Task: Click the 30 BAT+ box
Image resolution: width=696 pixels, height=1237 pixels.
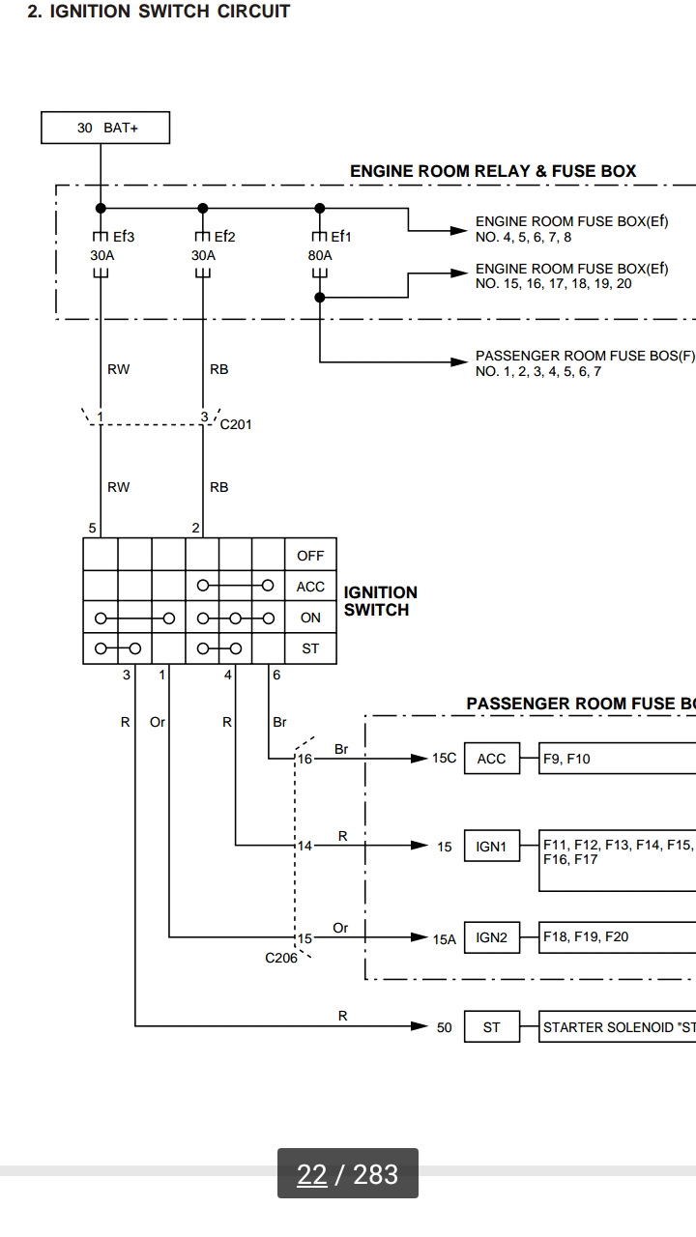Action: click(105, 128)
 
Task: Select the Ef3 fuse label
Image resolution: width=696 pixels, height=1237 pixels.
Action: click(124, 237)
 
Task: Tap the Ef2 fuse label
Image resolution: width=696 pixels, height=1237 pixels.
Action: click(225, 237)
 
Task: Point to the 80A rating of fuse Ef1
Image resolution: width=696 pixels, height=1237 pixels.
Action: click(320, 256)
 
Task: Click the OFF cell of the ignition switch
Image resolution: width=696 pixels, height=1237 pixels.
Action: click(310, 555)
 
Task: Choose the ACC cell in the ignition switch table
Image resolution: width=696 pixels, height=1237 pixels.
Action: click(310, 587)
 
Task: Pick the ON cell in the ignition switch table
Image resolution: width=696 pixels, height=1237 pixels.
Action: click(310, 618)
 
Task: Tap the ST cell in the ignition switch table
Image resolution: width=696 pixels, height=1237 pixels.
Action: click(310, 648)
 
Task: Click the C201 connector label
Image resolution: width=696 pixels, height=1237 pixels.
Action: click(236, 424)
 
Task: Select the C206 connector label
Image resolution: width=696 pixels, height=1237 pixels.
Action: click(281, 958)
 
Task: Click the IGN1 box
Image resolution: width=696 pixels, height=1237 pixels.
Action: click(492, 846)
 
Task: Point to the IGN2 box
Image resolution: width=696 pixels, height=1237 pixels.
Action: click(492, 937)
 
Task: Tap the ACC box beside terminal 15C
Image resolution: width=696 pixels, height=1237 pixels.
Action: click(492, 759)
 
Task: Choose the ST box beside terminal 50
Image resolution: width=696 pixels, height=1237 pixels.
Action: click(492, 1027)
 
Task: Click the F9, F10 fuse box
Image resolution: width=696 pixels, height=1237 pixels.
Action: click(617, 759)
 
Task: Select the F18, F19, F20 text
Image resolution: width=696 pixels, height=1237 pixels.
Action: click(586, 936)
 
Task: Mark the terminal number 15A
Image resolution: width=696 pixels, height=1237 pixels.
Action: click(444, 939)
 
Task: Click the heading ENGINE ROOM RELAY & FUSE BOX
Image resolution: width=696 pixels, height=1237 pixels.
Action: click(493, 171)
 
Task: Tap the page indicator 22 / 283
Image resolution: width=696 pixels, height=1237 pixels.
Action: click(347, 1174)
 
